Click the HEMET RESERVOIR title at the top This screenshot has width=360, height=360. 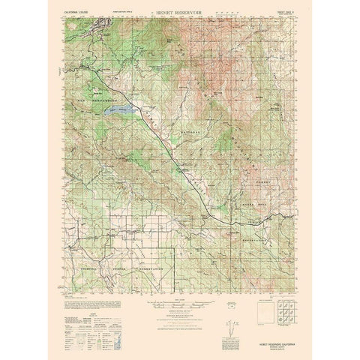pos(179,14)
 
